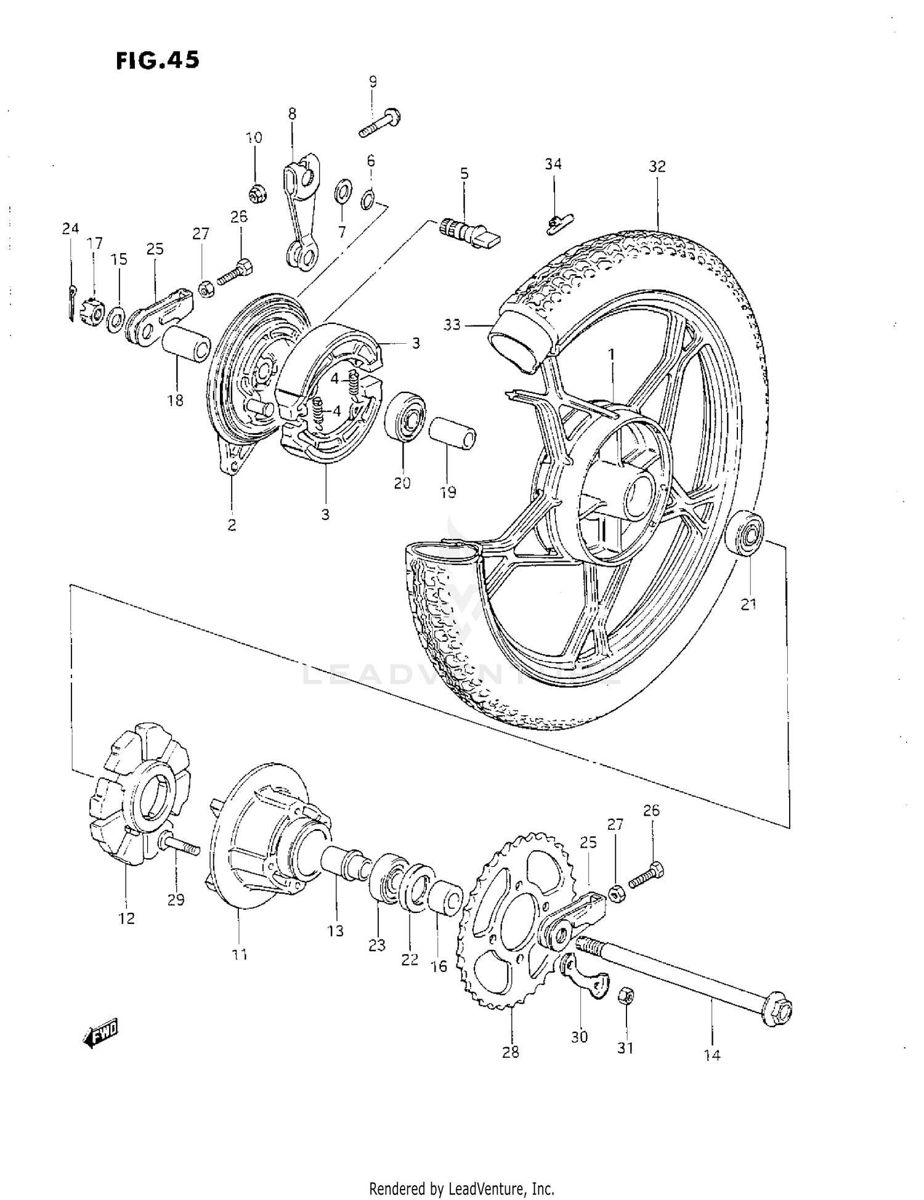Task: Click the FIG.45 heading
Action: click(158, 60)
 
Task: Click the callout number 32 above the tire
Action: click(657, 166)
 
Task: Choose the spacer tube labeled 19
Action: click(453, 434)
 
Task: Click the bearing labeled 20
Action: click(405, 415)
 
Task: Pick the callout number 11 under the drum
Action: click(240, 955)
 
